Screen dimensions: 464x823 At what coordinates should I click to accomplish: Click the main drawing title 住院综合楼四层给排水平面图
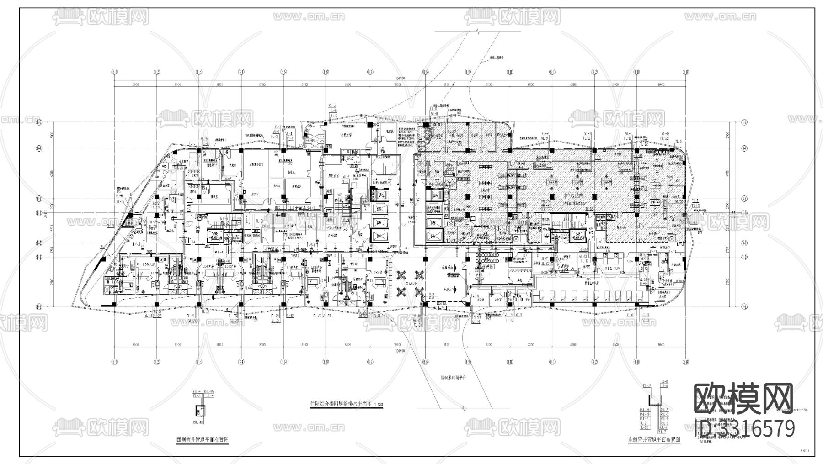[x=341, y=404]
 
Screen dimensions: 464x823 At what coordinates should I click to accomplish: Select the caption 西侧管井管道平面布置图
[x=202, y=439]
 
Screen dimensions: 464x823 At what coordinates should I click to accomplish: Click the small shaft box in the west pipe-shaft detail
[x=198, y=408]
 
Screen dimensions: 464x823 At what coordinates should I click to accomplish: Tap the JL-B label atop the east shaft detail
[x=664, y=382]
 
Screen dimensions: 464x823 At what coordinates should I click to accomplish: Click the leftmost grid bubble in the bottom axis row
[x=114, y=362]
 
